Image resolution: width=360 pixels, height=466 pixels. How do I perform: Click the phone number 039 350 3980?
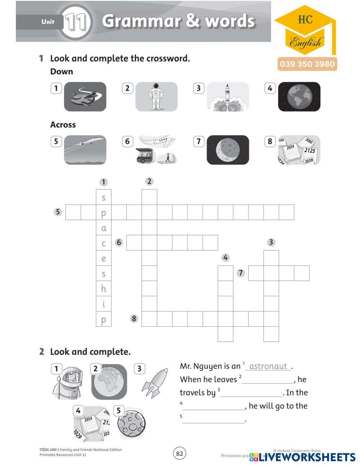(307, 64)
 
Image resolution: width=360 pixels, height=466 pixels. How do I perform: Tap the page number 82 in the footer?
(180, 453)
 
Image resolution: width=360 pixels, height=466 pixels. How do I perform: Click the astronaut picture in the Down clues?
(156, 97)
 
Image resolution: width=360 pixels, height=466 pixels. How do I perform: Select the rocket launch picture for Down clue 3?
(228, 97)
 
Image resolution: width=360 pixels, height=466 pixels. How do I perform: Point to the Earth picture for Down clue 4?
(299, 97)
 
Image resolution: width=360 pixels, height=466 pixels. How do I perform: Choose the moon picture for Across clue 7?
(228, 150)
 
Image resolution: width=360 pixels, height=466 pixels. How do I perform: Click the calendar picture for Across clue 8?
(299, 150)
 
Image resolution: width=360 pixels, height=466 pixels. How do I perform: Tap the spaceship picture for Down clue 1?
(85, 97)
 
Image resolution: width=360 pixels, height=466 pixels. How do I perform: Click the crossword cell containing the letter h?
(104, 289)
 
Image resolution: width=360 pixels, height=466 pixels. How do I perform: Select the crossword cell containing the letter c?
(104, 243)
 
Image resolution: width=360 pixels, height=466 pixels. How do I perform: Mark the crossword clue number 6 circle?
(119, 242)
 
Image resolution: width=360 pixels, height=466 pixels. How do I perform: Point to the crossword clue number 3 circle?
(271, 242)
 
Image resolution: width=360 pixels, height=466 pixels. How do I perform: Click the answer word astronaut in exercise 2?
(268, 366)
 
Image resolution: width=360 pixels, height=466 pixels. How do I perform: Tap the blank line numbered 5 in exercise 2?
(213, 420)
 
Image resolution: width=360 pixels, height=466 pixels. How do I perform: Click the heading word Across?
(63, 125)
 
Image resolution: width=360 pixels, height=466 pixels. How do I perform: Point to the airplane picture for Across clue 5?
(85, 150)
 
